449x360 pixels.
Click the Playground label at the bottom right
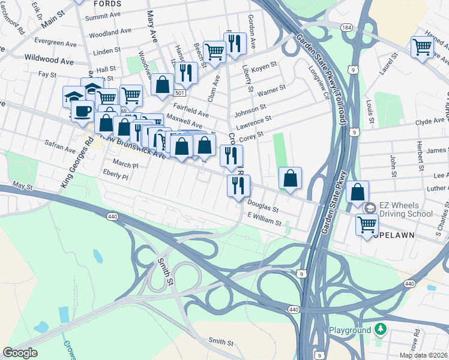coord(350,331)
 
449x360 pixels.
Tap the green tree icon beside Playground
coord(379,329)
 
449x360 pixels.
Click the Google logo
coord(20,353)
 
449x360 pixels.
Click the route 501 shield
coord(179,93)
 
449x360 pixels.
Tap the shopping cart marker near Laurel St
coord(423,46)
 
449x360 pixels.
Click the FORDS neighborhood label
coord(107,4)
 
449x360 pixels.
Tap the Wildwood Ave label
coord(49,61)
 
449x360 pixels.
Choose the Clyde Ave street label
coord(430,121)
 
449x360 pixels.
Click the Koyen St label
coord(264,68)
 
